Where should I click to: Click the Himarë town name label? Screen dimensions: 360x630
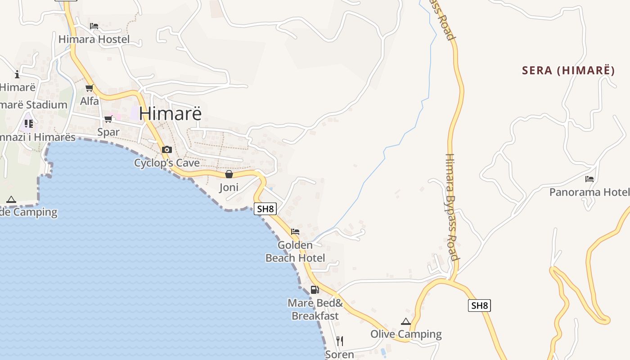tap(171, 113)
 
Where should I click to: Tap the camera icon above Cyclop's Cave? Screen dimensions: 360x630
tap(167, 149)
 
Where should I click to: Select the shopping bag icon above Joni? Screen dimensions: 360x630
tap(229, 174)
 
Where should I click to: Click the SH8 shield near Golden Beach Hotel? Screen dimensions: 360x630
tap(265, 209)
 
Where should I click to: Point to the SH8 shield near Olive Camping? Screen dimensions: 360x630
tap(479, 306)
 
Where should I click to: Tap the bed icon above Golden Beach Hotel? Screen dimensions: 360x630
tap(295, 232)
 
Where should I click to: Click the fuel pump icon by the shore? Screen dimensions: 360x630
tap(315, 289)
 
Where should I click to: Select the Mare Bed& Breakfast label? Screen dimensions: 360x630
tap(315, 310)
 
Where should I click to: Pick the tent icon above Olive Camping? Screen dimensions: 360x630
tap(406, 321)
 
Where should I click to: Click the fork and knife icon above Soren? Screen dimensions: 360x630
tap(340, 341)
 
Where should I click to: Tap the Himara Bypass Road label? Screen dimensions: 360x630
tap(451, 207)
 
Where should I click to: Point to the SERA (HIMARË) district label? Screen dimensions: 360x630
tap(568, 70)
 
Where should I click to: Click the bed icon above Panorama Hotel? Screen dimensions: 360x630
tap(589, 179)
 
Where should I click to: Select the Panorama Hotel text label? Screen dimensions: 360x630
tap(589, 192)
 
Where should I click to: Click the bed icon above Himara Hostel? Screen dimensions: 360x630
tap(94, 26)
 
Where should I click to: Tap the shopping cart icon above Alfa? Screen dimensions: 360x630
tap(89, 88)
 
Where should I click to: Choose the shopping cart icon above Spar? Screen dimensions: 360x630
tap(108, 119)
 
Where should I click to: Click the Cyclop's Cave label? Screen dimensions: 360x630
tap(167, 163)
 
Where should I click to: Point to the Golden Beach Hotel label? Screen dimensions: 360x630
tap(295, 252)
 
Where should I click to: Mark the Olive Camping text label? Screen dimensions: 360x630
tap(406, 334)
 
